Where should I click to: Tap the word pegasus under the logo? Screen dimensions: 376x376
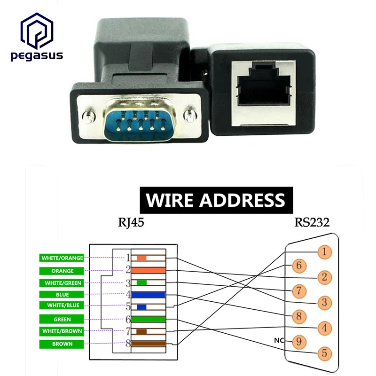click(37, 56)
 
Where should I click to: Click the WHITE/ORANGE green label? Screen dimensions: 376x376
click(63, 258)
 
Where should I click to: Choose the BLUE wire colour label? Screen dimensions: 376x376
click(63, 295)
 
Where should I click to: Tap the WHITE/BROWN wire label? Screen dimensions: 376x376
click(63, 331)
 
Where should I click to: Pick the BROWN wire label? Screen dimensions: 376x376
click(63, 344)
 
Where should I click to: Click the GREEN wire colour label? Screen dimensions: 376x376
click(63, 320)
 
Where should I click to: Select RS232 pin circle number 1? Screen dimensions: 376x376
click(323, 252)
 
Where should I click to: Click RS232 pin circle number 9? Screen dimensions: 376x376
click(299, 340)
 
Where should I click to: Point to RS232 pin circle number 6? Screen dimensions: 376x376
click(299, 266)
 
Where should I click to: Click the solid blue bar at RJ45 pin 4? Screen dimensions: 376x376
click(148, 295)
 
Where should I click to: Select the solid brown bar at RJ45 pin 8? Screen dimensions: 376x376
click(148, 344)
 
